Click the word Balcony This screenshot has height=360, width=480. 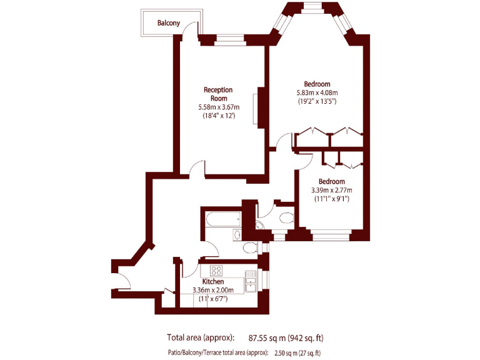[169, 23]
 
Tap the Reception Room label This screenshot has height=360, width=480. [219, 94]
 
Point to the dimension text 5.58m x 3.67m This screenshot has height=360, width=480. [219, 107]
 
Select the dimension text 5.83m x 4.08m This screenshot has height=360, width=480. [317, 92]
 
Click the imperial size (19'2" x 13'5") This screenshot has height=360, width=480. [317, 101]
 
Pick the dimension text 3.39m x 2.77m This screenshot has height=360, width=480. [331, 190]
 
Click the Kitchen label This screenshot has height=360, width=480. [213, 282]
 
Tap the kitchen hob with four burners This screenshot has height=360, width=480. [216, 271]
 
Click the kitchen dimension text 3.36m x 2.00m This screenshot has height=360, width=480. [213, 290]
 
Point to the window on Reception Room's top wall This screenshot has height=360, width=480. [230, 41]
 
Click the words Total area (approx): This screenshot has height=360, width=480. [201, 338]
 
